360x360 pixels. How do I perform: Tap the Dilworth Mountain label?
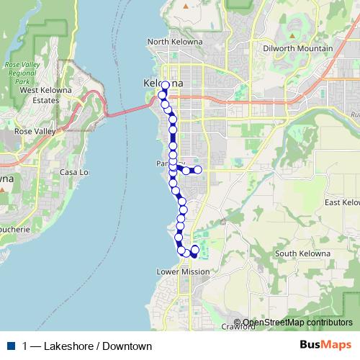(x=297, y=48)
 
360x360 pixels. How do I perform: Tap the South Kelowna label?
(x=302, y=253)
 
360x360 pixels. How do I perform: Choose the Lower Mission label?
(x=183, y=271)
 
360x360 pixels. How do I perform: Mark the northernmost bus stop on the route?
(x=165, y=86)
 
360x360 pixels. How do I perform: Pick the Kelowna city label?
(x=159, y=84)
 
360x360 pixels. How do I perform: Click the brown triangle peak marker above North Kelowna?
(x=185, y=6)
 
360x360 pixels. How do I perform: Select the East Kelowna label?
(x=342, y=203)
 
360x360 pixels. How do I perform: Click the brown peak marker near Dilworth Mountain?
(x=294, y=33)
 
